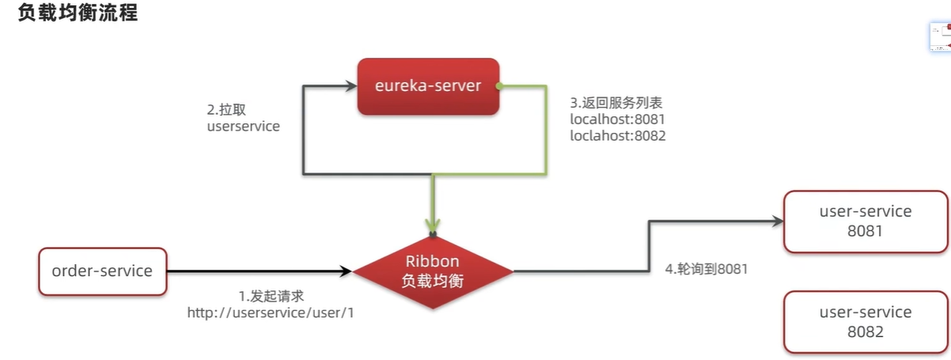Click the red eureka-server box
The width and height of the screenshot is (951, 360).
[428, 86]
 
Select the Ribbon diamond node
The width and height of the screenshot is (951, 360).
[433, 271]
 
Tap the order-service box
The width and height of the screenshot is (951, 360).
[102, 271]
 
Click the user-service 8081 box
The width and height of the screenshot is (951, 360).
[866, 222]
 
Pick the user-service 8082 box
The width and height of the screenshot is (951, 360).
[866, 322]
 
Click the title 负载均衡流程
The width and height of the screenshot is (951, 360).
[78, 13]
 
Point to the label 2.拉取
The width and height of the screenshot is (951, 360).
[226, 109]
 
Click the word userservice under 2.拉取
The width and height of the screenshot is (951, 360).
[243, 126]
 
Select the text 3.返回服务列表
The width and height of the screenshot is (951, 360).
[616, 103]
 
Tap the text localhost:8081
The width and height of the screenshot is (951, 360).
[617, 119]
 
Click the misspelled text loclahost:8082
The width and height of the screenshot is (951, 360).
[618, 136]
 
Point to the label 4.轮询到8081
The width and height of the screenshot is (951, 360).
[707, 269]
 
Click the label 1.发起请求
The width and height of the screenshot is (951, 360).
[271, 296]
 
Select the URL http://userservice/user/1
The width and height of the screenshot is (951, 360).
[271, 313]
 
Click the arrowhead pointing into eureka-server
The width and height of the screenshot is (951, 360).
[351, 86]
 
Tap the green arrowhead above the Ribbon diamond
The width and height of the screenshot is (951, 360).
[433, 225]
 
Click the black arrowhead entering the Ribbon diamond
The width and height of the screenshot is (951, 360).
[345, 271]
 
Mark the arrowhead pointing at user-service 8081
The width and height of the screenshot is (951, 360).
[778, 222]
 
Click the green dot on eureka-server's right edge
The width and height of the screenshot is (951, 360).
[499, 86]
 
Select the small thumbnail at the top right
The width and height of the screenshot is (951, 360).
[941, 37]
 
